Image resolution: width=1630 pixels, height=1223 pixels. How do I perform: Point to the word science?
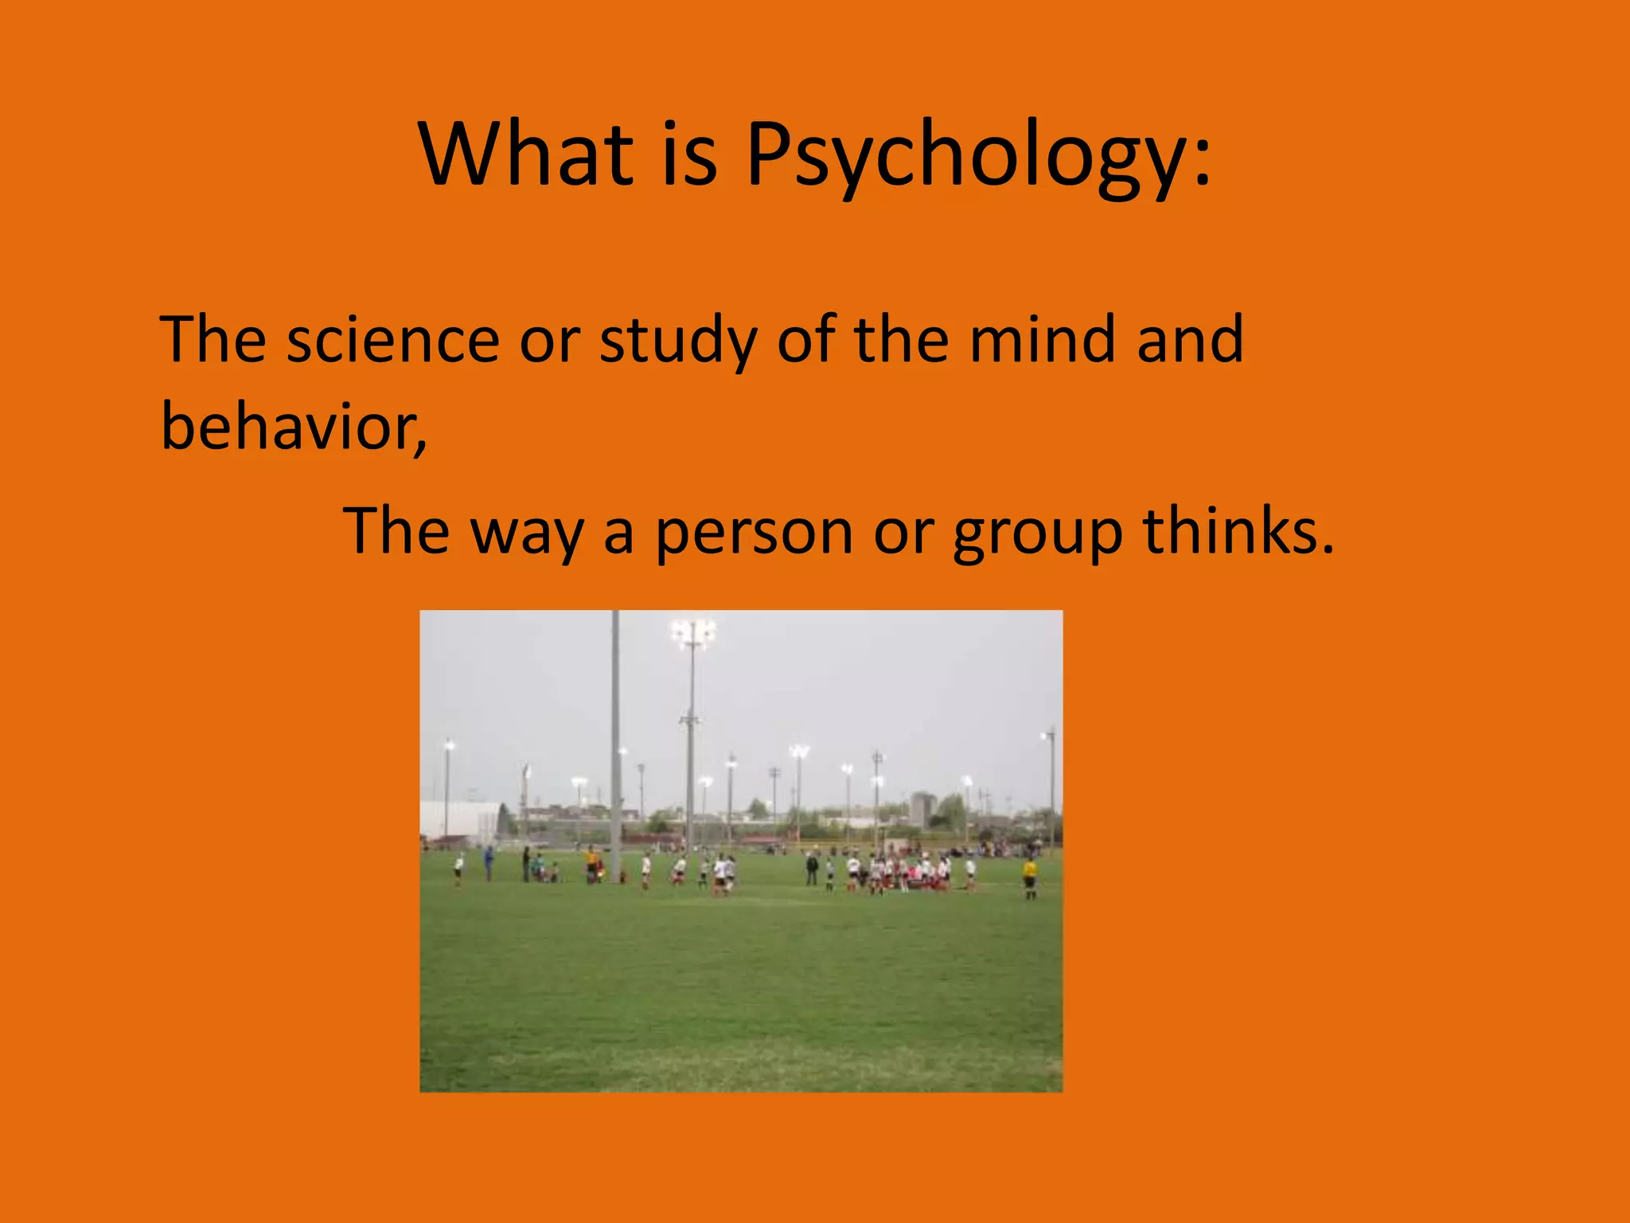(392, 340)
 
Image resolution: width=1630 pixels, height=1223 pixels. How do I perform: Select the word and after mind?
(1190, 340)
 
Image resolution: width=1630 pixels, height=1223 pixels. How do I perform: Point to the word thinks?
(1238, 531)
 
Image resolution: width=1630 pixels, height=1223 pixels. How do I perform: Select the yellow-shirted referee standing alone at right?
(1030, 876)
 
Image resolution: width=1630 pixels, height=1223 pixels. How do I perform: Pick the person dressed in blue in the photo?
(489, 862)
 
